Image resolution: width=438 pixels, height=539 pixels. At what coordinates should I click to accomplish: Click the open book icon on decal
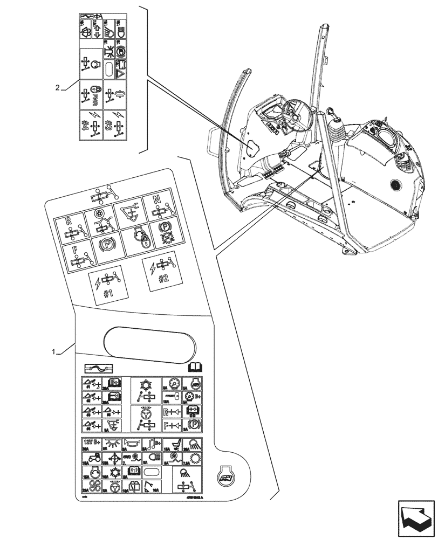coord(194,368)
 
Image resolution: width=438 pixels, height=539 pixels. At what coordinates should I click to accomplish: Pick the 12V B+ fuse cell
coord(91,444)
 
